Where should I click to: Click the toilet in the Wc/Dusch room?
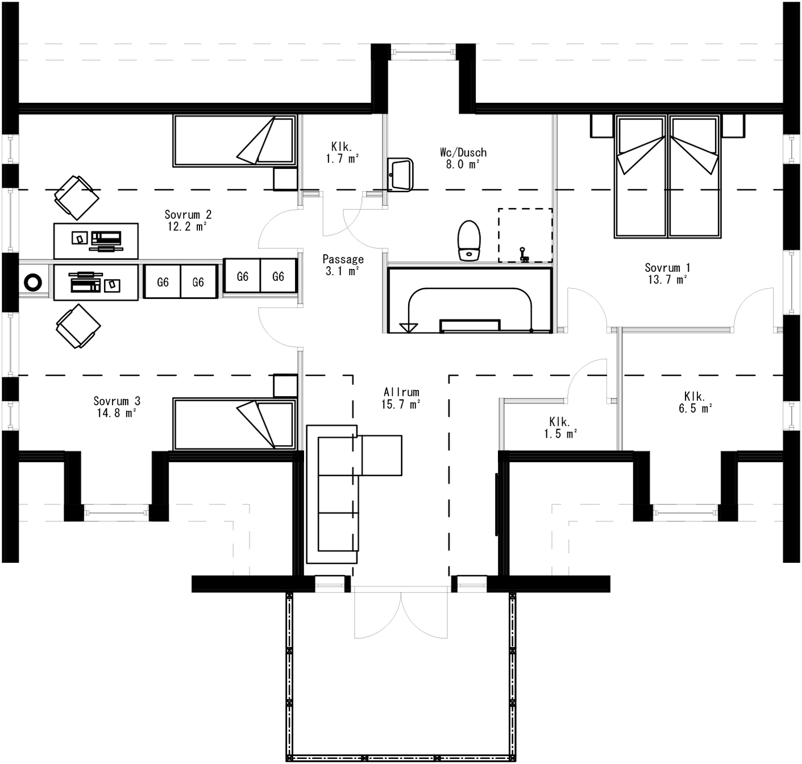(x=469, y=240)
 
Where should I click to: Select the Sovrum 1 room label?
(x=667, y=273)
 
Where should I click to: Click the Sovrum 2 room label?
(x=188, y=220)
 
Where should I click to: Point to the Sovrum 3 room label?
(x=117, y=407)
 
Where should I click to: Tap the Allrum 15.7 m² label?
(x=401, y=398)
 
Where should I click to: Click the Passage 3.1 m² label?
(x=343, y=265)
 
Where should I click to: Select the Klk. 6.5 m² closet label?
(x=695, y=402)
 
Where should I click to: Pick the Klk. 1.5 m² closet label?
(x=560, y=427)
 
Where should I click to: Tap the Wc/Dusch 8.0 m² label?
(x=463, y=158)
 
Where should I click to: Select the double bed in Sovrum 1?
(x=667, y=176)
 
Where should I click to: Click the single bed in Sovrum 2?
(x=235, y=141)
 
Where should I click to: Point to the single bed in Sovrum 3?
(x=235, y=423)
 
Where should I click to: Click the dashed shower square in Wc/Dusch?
(x=525, y=235)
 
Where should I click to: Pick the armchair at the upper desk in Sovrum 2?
(x=76, y=197)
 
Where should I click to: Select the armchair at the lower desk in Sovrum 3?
(x=78, y=326)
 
